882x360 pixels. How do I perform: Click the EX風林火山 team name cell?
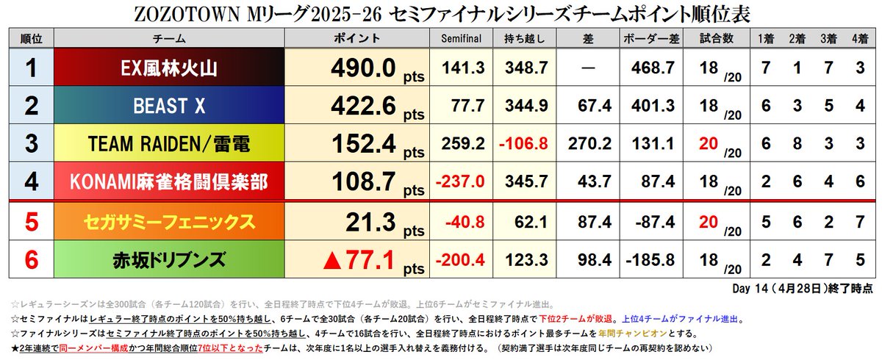171,68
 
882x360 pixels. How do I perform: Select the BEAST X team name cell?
171,107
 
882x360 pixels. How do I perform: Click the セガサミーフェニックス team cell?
171,222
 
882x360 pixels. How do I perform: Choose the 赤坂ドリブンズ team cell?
171,259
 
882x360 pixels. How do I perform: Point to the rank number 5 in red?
31,222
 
